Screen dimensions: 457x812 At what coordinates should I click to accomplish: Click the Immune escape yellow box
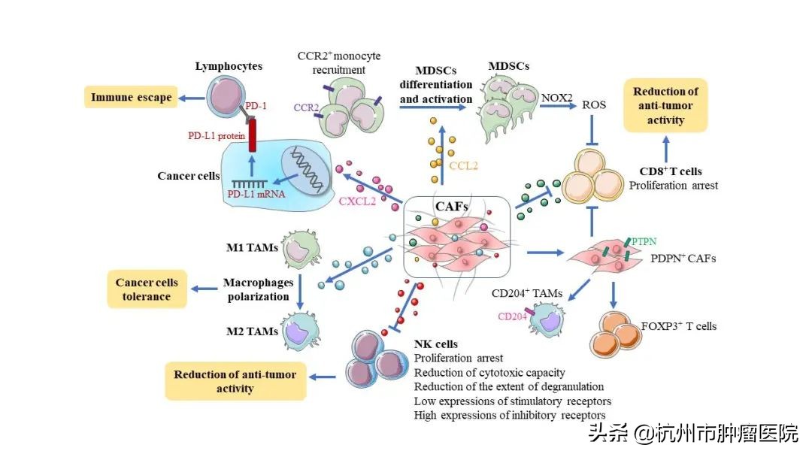point(131,97)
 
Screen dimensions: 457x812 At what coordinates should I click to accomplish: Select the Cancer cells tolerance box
point(147,289)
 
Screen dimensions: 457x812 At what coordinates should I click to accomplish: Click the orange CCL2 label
point(463,165)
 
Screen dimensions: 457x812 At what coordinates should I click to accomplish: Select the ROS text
point(593,105)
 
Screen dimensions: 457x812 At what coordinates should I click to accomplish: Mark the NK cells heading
point(436,344)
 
